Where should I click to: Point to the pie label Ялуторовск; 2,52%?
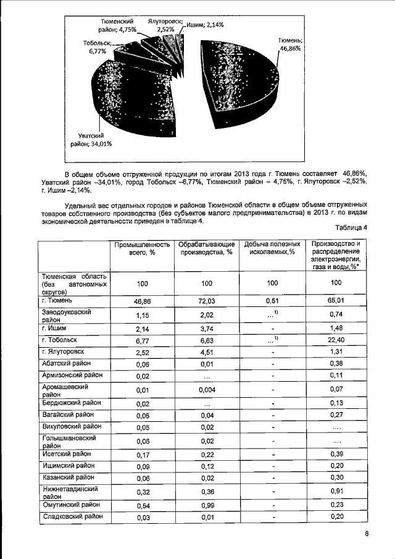click(x=164, y=24)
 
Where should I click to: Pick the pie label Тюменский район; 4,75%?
click(x=117, y=24)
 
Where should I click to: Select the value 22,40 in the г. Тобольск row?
click(x=336, y=341)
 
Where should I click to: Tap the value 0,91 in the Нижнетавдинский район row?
click(x=336, y=492)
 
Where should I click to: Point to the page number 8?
click(x=366, y=535)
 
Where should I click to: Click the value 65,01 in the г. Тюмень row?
click(x=336, y=301)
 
